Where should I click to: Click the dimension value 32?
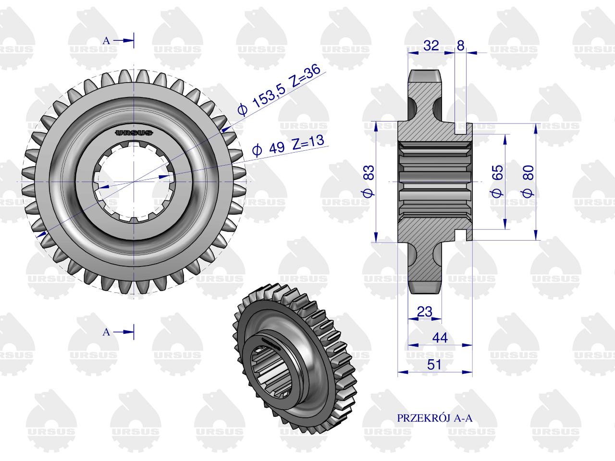(431, 45)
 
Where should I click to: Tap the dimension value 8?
(460, 45)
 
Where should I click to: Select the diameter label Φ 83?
(369, 182)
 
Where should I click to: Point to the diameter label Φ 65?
(497, 182)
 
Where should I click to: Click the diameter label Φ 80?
(528, 182)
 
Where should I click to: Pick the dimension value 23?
(425, 311)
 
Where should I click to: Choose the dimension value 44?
(440, 338)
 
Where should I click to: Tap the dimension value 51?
(434, 364)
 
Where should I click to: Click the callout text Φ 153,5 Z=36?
(279, 89)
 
